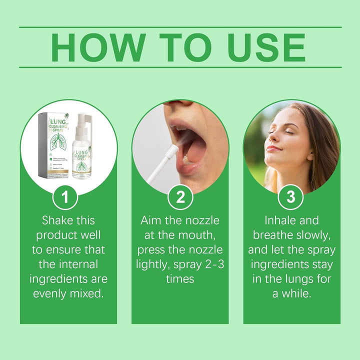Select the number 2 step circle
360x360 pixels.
[180, 197]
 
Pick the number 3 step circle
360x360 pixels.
[291, 197]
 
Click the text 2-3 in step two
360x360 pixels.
[212, 264]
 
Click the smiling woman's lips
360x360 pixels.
[273, 148]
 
